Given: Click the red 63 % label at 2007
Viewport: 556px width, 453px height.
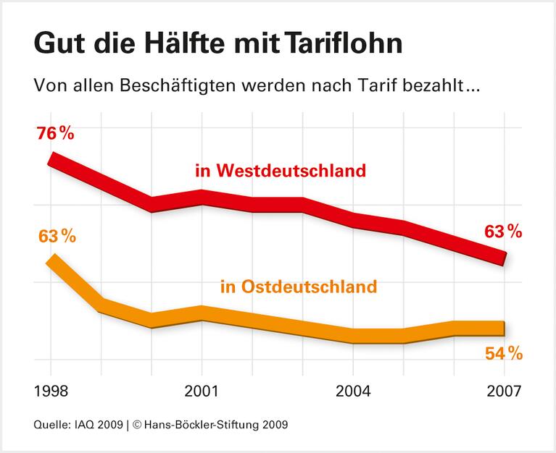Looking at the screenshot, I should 502,232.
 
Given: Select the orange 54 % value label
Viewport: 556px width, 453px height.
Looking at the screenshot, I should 502,353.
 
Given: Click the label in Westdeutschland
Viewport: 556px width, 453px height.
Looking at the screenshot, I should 280,172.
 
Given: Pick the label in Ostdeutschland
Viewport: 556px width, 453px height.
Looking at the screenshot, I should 298,287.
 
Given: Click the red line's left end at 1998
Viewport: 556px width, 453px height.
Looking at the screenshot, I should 51,160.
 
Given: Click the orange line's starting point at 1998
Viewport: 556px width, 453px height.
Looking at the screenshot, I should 51,263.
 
